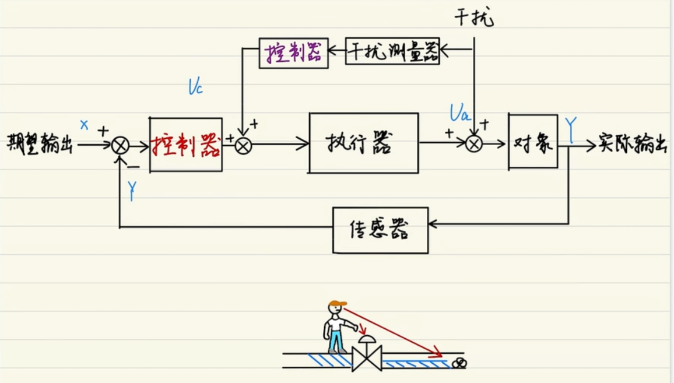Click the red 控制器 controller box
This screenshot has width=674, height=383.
click(x=186, y=145)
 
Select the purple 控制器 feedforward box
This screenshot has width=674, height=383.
click(x=293, y=51)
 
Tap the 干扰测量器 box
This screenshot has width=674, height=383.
click(x=392, y=51)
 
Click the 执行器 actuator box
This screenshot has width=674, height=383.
click(x=363, y=143)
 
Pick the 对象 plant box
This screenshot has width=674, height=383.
click(x=533, y=142)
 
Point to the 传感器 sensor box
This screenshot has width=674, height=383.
click(x=380, y=230)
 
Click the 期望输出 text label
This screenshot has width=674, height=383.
click(x=40, y=143)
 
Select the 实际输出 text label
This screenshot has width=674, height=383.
click(x=632, y=143)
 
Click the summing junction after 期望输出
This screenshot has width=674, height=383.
click(x=121, y=146)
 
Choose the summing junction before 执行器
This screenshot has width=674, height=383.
click(x=243, y=146)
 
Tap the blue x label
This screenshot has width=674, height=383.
click(x=84, y=125)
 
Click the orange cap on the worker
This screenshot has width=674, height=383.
click(x=336, y=304)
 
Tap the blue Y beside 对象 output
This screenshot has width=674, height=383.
click(x=571, y=129)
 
